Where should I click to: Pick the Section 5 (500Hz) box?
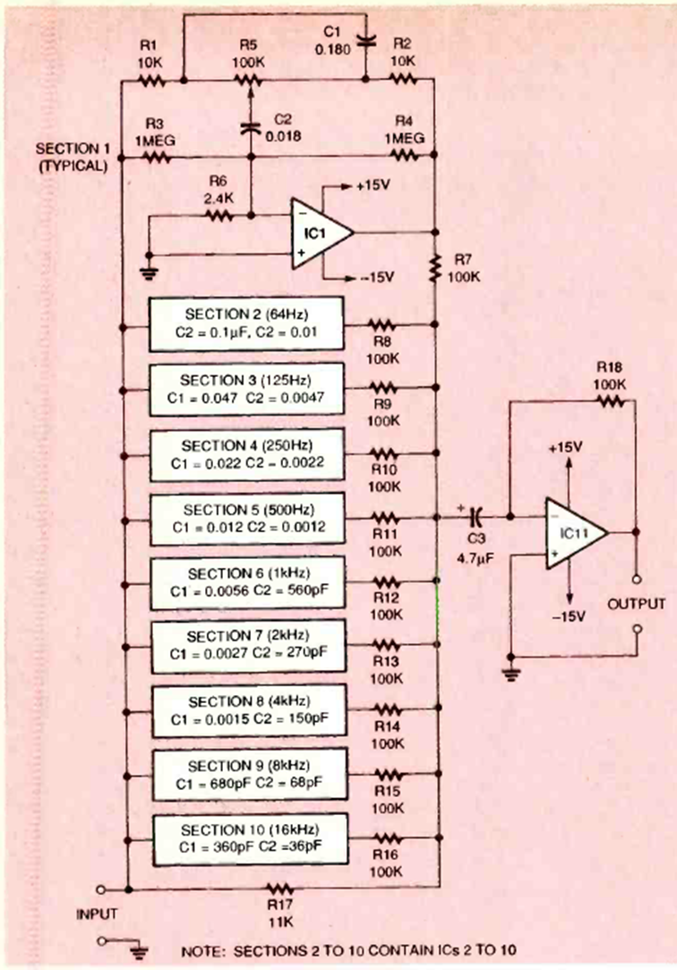pyautogui.click(x=245, y=518)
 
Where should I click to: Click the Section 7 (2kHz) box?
pyautogui.click(x=245, y=645)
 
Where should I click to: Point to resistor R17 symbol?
pyautogui.click(x=279, y=888)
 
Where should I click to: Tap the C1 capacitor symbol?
pyautogui.click(x=364, y=39)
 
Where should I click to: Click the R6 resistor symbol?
pyautogui.click(x=219, y=216)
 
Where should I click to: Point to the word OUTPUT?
pyautogui.click(x=637, y=604)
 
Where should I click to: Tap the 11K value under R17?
pyautogui.click(x=279, y=922)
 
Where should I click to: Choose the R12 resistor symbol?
pyautogui.click(x=384, y=580)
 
